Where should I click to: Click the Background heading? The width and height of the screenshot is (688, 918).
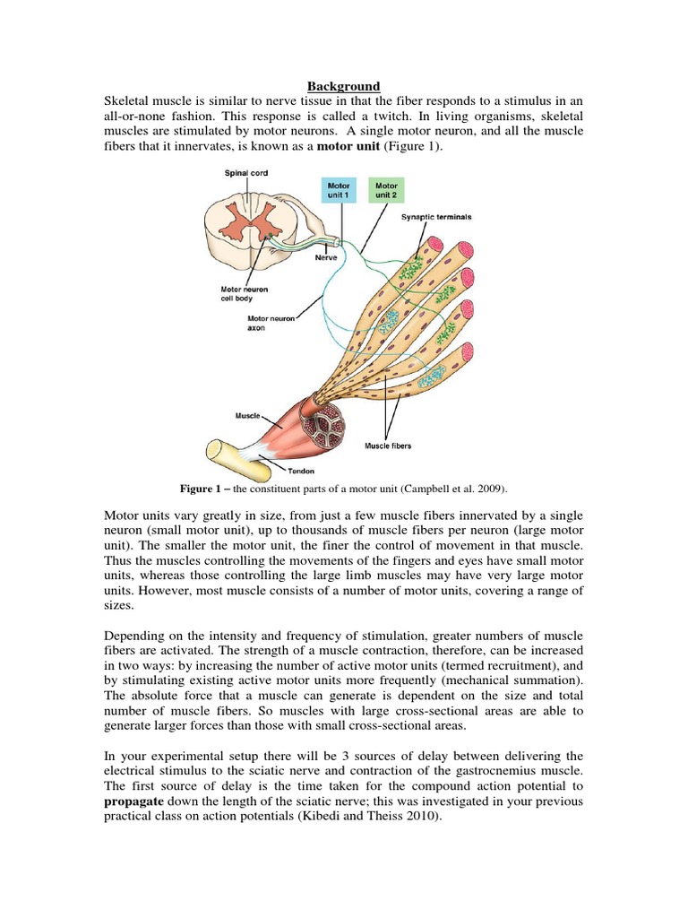pyautogui.click(x=344, y=86)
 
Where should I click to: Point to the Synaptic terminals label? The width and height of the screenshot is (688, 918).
pyautogui.click(x=436, y=217)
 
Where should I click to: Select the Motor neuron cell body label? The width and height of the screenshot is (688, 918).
pyautogui.click(x=245, y=295)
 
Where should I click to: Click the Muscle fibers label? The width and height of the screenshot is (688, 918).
pyautogui.click(x=388, y=445)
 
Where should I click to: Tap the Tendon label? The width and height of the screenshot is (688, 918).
pyautogui.click(x=302, y=470)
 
